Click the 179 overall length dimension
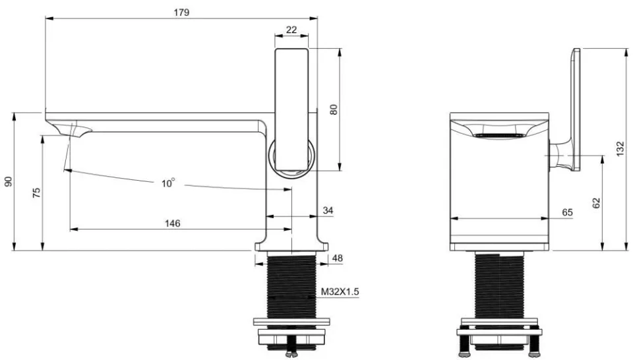point(182,13)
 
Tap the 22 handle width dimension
point(291,30)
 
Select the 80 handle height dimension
point(334,109)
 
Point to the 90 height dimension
point(8,181)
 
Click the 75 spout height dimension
point(36,193)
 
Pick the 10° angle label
point(168,183)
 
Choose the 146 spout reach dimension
point(172,223)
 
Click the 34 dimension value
point(328,210)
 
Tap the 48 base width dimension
point(337,258)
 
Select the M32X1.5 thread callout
point(340,291)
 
